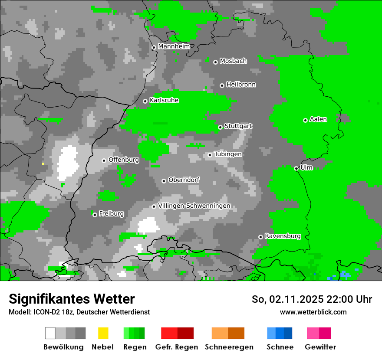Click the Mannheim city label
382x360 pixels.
click(174, 46)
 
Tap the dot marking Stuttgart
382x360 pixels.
click(221, 127)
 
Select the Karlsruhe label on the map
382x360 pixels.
click(164, 100)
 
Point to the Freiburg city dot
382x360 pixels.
click(95, 215)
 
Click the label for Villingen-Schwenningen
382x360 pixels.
click(194, 206)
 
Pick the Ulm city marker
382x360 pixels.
click(296, 168)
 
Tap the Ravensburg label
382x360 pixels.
click(283, 236)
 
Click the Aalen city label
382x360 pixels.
click(318, 119)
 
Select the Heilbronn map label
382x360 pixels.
click(241, 85)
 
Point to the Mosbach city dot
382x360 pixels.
click(215, 62)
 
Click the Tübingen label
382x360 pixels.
click(228, 154)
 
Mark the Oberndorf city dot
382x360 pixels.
click(164, 181)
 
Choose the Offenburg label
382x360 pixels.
click(124, 160)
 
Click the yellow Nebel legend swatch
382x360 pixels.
click(103, 333)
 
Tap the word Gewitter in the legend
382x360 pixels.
click(320, 347)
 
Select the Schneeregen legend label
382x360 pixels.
click(229, 347)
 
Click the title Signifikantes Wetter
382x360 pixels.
click(72, 299)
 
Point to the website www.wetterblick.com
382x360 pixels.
click(313, 312)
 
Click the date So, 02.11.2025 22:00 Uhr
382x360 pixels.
click(312, 299)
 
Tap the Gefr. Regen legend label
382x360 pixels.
click(177, 347)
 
